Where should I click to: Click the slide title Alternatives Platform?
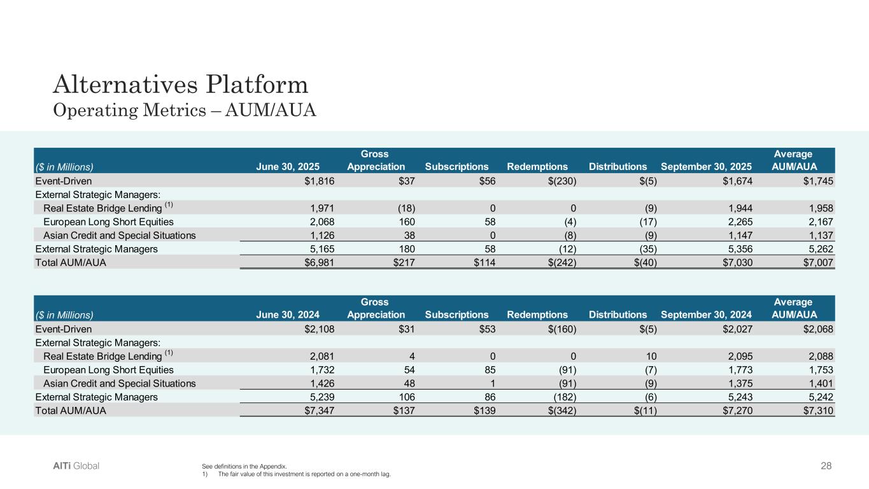pos(181,84)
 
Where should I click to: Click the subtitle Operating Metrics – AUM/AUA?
pos(185,110)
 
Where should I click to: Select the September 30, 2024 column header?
pos(707,315)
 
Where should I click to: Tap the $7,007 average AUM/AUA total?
pos(817,262)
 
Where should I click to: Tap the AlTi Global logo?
pos(76,466)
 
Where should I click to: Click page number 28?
pos(826,466)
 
